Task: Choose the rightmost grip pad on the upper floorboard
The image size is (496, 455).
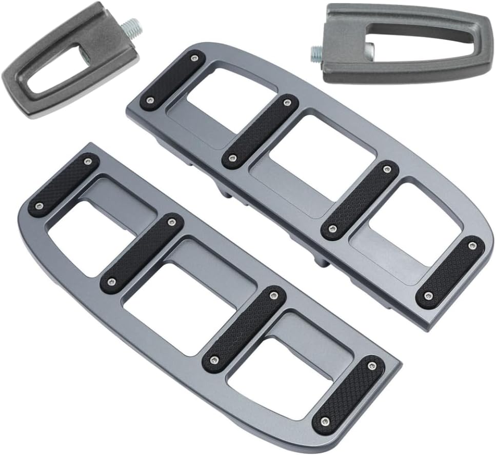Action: (x=450, y=272)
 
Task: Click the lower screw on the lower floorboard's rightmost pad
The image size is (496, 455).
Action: (x=325, y=422)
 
